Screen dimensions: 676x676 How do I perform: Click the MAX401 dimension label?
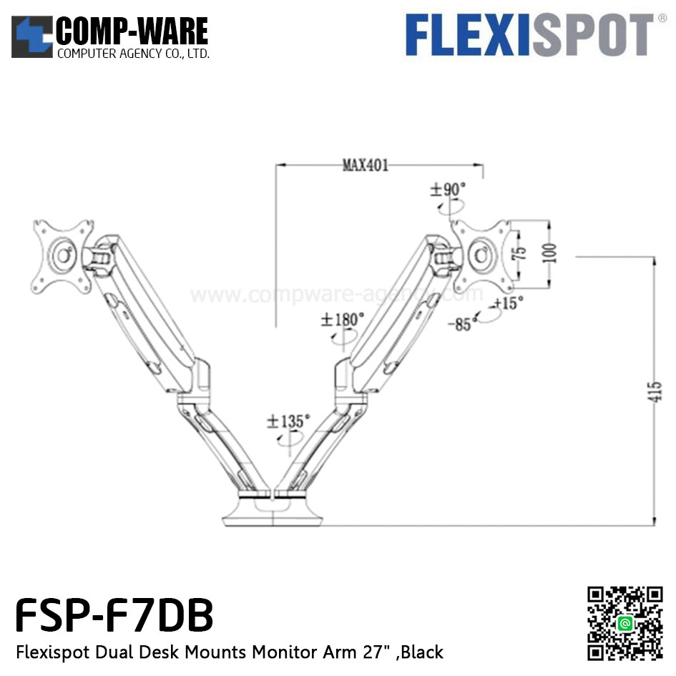(x=365, y=166)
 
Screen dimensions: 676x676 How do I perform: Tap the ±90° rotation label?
(x=447, y=190)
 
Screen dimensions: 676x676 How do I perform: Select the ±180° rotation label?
(x=342, y=320)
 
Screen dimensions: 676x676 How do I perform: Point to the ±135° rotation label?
(x=288, y=421)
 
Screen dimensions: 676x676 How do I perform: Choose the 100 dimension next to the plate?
(x=549, y=253)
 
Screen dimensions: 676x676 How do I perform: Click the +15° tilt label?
(x=506, y=303)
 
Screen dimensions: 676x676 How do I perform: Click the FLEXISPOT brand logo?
(x=530, y=35)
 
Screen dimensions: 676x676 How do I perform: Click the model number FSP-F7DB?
(x=114, y=617)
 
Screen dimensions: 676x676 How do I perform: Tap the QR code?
(x=624, y=623)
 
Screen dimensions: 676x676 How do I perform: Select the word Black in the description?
(x=422, y=652)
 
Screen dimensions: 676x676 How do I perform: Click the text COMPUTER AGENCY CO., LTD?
(x=132, y=54)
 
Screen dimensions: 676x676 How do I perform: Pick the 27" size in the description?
(x=377, y=652)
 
